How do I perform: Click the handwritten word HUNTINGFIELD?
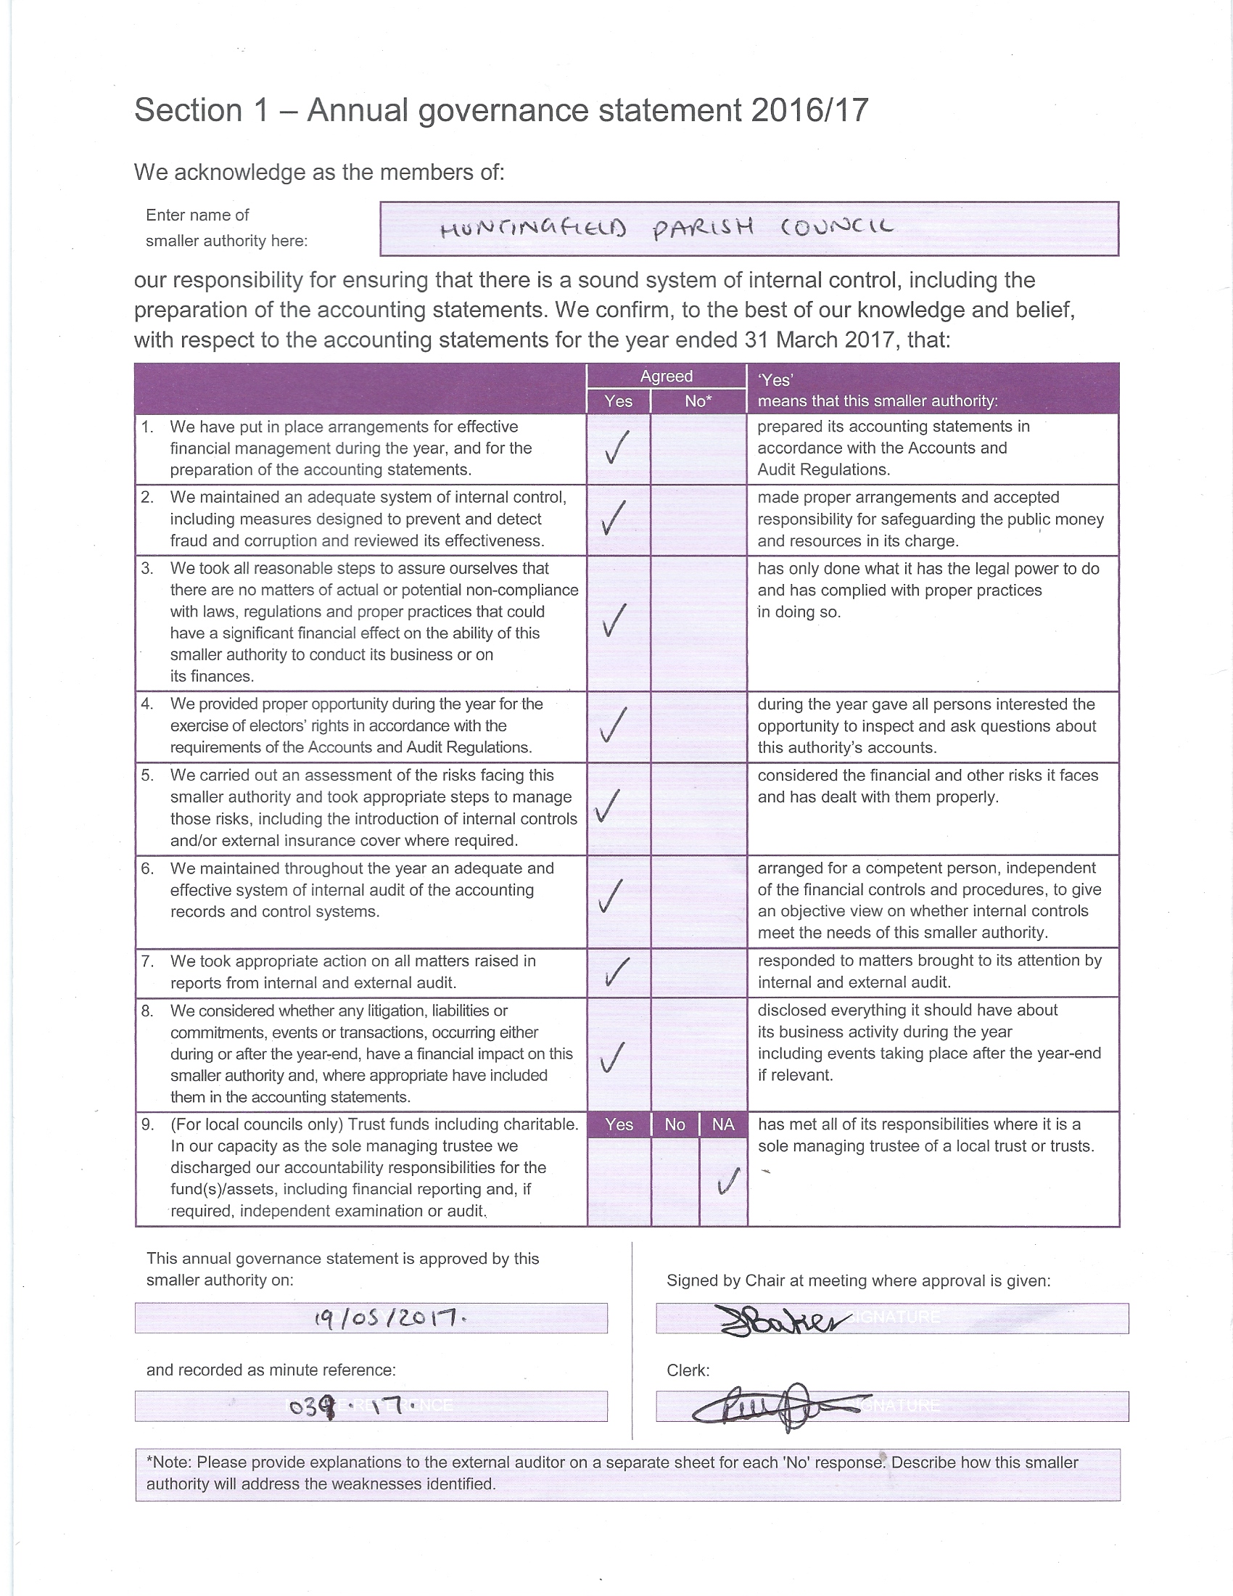tap(532, 230)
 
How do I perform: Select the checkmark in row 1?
tap(617, 447)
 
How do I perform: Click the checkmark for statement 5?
tap(608, 805)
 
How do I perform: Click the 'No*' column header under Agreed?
tap(698, 400)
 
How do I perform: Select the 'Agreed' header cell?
tap(666, 376)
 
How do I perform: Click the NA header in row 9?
tap(723, 1124)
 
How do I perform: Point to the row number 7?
tap(147, 961)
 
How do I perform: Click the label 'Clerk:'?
tap(688, 1370)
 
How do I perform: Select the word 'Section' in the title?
tap(189, 110)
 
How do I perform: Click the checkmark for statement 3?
tap(614, 620)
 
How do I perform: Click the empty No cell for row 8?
tap(698, 1054)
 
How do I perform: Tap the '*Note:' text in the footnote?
tap(170, 1463)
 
